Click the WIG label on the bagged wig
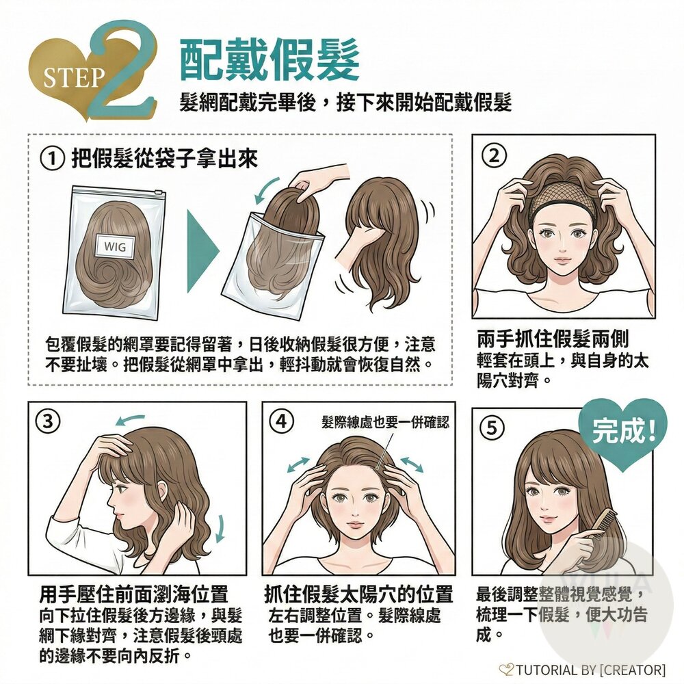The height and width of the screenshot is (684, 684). pos(115,246)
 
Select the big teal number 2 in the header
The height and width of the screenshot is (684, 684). pos(122,70)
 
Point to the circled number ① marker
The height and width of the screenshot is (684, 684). pos(52,159)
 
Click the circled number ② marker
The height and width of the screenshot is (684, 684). pos(495,156)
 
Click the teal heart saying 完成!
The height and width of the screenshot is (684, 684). pos(623,434)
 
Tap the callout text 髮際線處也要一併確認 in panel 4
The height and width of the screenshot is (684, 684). pos(385,422)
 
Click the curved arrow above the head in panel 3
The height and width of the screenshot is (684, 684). pos(129,420)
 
